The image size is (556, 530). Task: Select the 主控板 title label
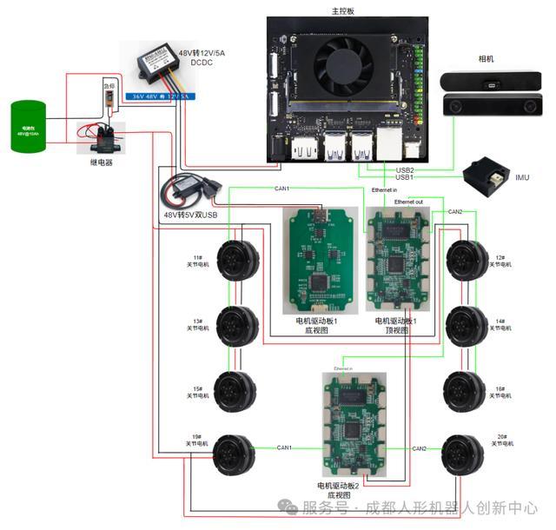(343, 11)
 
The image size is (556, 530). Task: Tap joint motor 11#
(237, 259)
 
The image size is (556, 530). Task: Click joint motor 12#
(467, 259)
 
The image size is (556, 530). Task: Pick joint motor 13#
(237, 326)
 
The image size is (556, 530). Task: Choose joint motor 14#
(467, 326)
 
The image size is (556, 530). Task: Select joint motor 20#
(463, 453)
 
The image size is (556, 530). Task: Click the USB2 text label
(404, 170)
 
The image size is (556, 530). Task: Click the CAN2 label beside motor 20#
(419, 448)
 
